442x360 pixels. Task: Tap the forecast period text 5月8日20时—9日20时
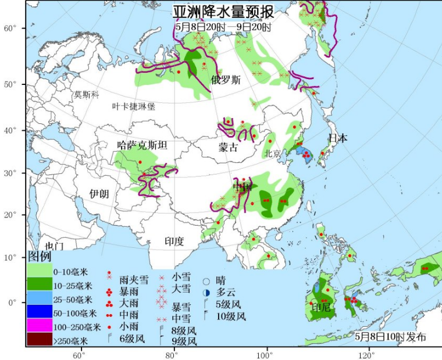[223, 27]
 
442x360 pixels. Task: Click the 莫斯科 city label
[87, 94]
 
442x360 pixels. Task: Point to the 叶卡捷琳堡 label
[134, 106]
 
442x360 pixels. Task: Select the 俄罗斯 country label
[226, 80]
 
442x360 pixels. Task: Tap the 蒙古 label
[228, 148]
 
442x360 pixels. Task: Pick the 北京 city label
[272, 154]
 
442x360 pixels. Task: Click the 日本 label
[338, 138]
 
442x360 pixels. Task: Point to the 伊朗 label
[99, 194]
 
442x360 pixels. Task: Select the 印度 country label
[174, 240]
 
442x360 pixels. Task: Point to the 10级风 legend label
[231, 316]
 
